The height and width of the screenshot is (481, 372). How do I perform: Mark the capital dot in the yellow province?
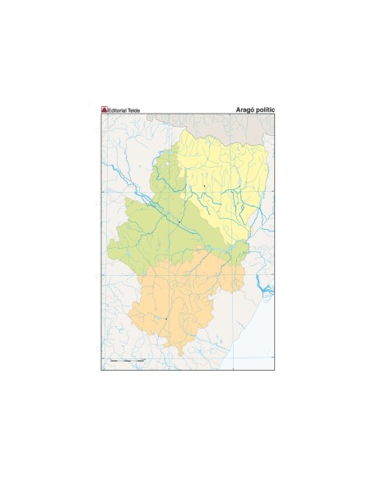(x=204, y=187)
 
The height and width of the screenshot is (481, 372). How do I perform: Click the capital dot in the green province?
(x=179, y=222)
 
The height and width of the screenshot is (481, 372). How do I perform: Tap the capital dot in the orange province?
(x=166, y=319)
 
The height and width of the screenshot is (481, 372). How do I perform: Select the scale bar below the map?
(x=127, y=362)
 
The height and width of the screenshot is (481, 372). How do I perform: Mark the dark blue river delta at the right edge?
(x=265, y=287)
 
